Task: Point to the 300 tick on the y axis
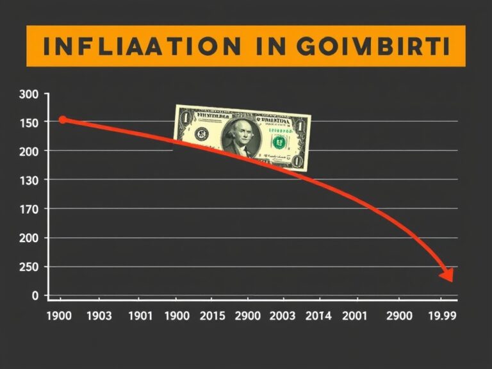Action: click(30, 94)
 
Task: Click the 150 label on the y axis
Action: click(30, 122)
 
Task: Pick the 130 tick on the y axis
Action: click(30, 180)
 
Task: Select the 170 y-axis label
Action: click(30, 209)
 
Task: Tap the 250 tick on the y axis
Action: click(30, 266)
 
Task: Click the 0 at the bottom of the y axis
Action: click(35, 295)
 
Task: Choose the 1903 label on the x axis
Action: click(99, 316)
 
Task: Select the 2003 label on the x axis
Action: click(283, 316)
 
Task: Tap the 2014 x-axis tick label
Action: click(318, 316)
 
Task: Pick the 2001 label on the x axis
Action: click(356, 316)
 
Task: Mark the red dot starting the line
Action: click(63, 120)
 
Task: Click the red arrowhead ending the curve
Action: click(447, 274)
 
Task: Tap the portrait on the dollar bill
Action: click(242, 136)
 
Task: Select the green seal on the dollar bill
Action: click(279, 142)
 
